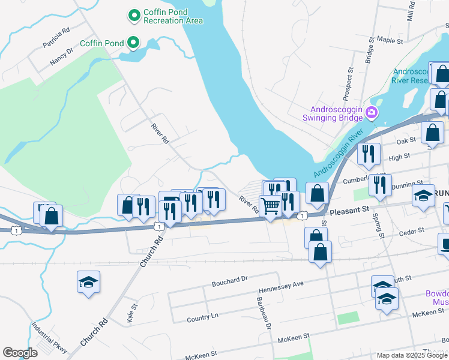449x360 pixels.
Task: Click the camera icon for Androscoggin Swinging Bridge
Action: point(372,112)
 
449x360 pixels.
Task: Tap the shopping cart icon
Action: point(271,206)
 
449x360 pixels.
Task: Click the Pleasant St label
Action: point(348,211)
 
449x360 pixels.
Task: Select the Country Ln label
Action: point(203,317)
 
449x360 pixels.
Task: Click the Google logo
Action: point(20,353)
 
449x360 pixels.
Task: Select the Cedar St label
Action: point(412,230)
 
